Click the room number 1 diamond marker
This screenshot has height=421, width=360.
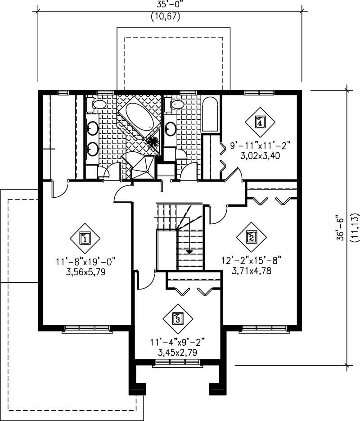point(85,239)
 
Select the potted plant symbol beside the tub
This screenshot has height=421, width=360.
point(153,143)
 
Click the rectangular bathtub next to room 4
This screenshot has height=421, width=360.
point(210,115)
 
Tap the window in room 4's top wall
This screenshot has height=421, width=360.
point(259,93)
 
